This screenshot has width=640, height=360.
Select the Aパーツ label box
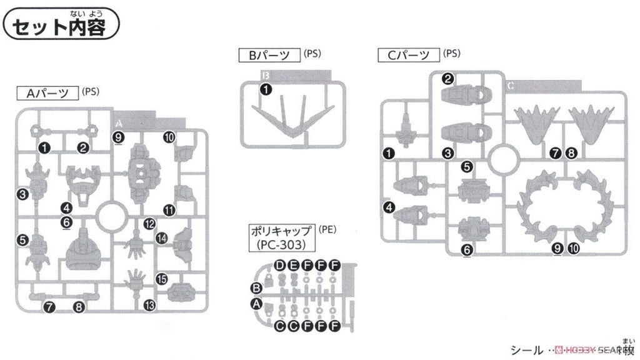(47, 94)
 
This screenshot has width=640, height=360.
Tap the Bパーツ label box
(269, 55)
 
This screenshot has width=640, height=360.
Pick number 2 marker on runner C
(447, 79)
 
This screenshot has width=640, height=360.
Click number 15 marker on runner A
(161, 280)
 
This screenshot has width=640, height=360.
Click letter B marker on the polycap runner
(255, 288)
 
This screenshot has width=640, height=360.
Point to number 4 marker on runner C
(389, 208)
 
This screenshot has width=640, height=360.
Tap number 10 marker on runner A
(169, 137)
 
